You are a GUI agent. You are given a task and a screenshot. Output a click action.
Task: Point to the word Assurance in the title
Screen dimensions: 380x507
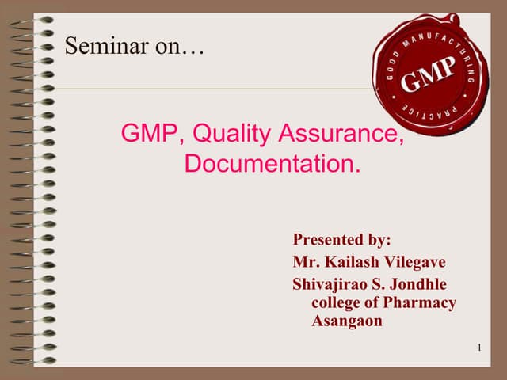tap(341, 134)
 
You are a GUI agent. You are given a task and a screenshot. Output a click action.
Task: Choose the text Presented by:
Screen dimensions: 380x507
tap(342, 240)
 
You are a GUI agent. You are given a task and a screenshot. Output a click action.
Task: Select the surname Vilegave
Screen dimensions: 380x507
tap(417, 262)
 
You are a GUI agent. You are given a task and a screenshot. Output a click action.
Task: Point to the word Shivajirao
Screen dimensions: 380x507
tap(331, 284)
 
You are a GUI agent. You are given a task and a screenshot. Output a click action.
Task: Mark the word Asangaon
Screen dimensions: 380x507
tap(347, 321)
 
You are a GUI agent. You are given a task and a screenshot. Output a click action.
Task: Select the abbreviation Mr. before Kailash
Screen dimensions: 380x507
tap(305, 262)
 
